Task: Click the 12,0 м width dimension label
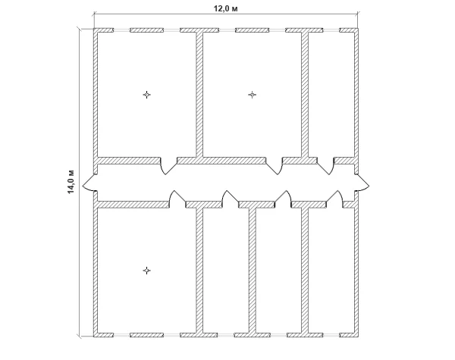[226, 8]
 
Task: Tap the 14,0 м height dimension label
[71, 182]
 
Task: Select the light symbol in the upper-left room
[147, 95]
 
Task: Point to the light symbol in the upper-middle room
[253, 95]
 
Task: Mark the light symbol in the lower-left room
[147, 271]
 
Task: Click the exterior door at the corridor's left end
[89, 183]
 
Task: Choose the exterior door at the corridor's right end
[362, 183]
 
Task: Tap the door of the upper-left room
[168, 166]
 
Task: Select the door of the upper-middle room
[274, 166]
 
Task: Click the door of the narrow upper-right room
[325, 166]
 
